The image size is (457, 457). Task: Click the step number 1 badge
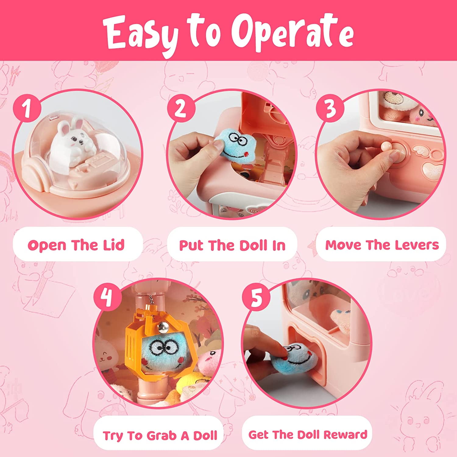click(27, 108)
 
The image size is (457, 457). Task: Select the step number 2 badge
click(181, 108)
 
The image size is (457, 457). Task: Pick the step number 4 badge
click(107, 296)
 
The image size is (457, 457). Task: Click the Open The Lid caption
click(76, 245)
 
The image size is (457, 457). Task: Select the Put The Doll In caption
click(232, 245)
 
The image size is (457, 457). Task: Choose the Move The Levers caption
click(382, 245)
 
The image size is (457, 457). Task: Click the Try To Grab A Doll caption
click(160, 435)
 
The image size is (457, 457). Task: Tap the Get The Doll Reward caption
click(308, 434)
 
